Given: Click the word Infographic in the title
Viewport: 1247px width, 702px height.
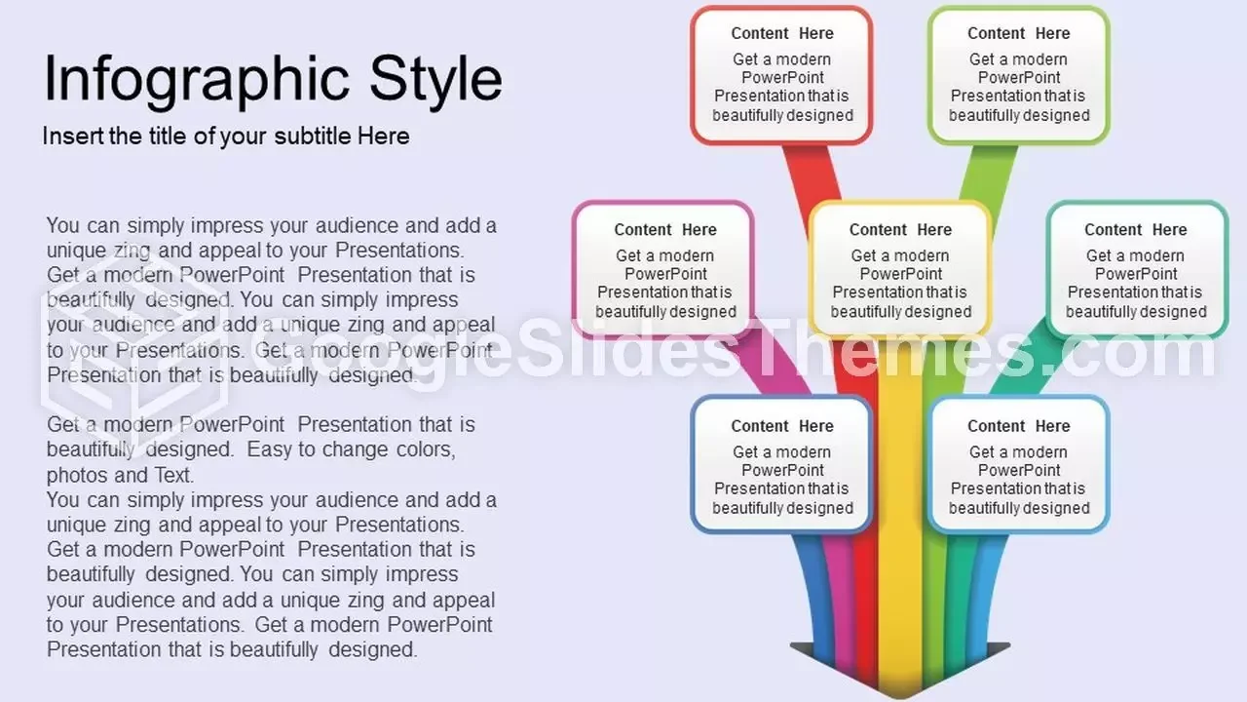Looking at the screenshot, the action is point(197,80).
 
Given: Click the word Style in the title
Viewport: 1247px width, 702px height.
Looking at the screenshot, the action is point(435,79).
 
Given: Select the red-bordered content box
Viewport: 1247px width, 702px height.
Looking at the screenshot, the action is point(781,75).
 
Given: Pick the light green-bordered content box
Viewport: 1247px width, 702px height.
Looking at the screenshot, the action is point(1019,75).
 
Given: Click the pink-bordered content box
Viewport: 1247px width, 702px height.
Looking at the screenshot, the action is point(663,270).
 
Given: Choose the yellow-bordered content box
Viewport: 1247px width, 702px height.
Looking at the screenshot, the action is point(900,270).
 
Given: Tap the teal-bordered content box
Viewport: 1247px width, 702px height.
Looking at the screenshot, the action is point(1137,270).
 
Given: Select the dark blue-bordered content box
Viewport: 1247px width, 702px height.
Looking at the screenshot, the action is point(781,464).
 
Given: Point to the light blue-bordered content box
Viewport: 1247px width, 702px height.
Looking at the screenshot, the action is point(1019,464).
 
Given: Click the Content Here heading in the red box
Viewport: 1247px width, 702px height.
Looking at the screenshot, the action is point(782,33).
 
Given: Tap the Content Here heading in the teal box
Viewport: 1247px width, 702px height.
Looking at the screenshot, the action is point(1136,229).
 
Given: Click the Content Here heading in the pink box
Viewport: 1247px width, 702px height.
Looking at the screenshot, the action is point(665,229).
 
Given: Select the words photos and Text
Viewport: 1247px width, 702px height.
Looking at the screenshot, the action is point(120,475).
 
